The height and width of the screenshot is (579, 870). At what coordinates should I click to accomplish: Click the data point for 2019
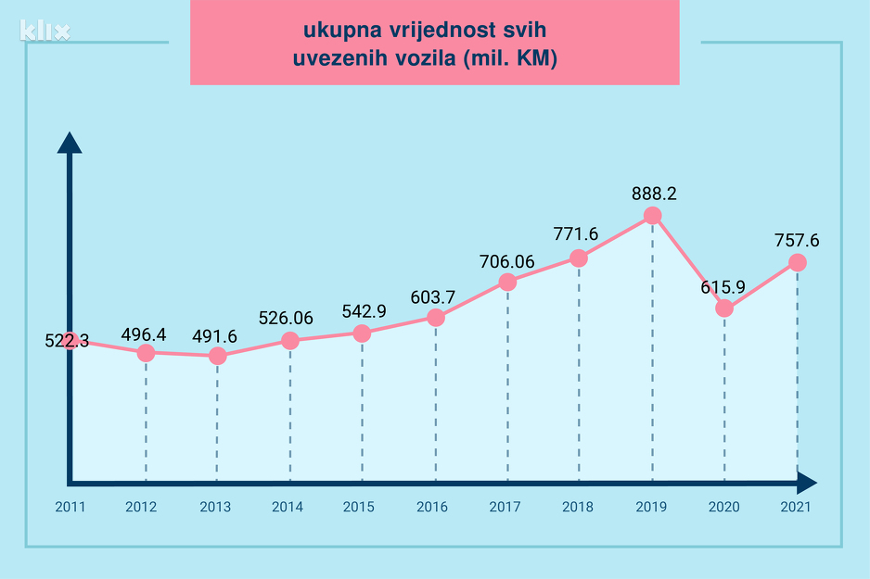click(652, 215)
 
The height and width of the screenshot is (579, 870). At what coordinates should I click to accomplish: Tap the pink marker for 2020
click(724, 308)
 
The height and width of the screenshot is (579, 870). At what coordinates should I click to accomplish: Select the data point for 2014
click(290, 341)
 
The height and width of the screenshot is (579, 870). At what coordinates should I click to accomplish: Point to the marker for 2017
click(507, 282)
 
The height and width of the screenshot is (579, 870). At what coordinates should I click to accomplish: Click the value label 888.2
click(652, 195)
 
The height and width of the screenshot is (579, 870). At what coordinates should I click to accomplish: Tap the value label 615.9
click(723, 287)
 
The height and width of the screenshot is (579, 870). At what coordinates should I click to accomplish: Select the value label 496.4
click(145, 334)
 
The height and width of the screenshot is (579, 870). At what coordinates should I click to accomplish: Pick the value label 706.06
click(507, 261)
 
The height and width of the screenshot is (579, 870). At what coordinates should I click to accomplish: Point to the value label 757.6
click(796, 241)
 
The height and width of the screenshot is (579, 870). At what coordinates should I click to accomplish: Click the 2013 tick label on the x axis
click(215, 507)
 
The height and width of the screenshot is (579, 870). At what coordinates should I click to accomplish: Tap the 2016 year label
click(432, 507)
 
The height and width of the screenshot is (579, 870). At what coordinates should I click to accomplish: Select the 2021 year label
click(796, 507)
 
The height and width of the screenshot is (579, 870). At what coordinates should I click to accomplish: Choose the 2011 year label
click(70, 507)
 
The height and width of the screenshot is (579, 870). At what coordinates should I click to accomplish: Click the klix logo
click(45, 31)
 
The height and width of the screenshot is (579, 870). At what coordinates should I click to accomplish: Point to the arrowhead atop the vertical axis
click(70, 143)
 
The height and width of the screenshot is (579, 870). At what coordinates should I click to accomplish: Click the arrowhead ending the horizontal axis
click(807, 483)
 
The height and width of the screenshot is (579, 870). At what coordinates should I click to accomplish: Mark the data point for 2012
click(146, 353)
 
